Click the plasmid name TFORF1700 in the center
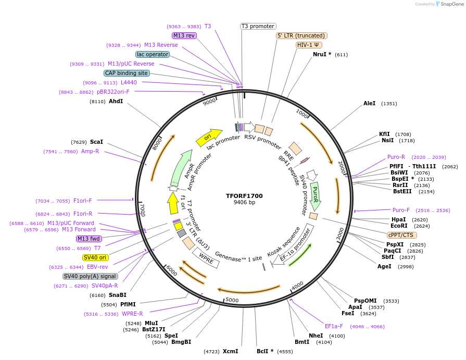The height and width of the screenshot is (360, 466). (x=244, y=196)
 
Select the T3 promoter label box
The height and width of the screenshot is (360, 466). (x=258, y=26)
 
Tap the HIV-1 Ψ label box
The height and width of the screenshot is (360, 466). (x=308, y=45)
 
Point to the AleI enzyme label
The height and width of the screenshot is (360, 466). (x=369, y=104)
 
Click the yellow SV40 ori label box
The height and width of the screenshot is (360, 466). (x=95, y=257)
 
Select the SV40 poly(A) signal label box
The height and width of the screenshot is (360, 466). (x=90, y=276)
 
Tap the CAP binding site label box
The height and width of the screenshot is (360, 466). (x=127, y=73)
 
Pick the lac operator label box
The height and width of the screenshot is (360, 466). (x=152, y=54)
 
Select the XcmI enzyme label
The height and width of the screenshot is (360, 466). (x=230, y=351)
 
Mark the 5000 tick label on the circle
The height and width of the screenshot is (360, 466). (x=232, y=300)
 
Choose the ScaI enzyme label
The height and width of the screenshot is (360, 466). (x=96, y=142)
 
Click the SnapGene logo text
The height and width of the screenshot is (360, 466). (x=452, y=4)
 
